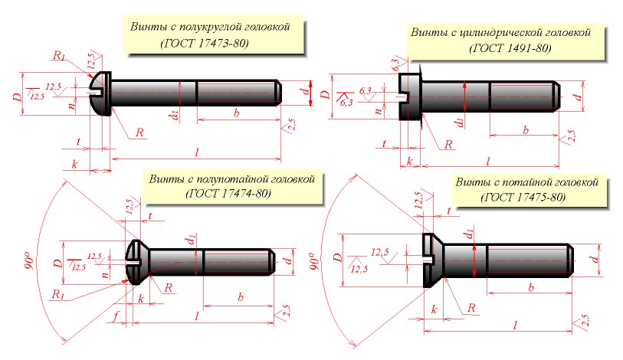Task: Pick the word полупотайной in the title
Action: [232, 178]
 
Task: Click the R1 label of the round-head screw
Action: [58, 55]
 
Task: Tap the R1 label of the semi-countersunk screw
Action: [58, 294]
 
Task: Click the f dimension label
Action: [116, 316]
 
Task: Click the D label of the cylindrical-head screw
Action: [326, 95]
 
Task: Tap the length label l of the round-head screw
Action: [197, 152]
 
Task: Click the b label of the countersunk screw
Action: [531, 287]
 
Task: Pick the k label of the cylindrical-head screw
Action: [409, 161]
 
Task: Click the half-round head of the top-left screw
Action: [100, 93]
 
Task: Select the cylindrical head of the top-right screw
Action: [410, 97]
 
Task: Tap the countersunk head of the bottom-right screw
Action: [433, 260]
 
